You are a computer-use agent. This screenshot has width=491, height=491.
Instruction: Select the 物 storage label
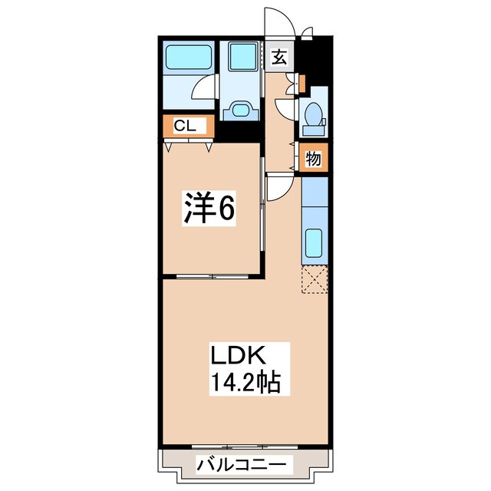coord(313,159)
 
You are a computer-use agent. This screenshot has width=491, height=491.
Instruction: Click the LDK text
coord(238,357)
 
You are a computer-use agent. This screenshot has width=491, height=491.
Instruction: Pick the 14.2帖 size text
coord(238,381)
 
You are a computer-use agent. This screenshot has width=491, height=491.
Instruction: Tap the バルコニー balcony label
coord(243,465)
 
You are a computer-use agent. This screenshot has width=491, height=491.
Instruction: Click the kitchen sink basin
coord(314,245)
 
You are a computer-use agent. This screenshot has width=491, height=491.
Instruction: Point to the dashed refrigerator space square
coord(314,279)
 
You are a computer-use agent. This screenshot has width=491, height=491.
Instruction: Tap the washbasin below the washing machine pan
coord(242,109)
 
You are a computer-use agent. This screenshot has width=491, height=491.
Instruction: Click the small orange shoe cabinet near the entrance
coord(302,81)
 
